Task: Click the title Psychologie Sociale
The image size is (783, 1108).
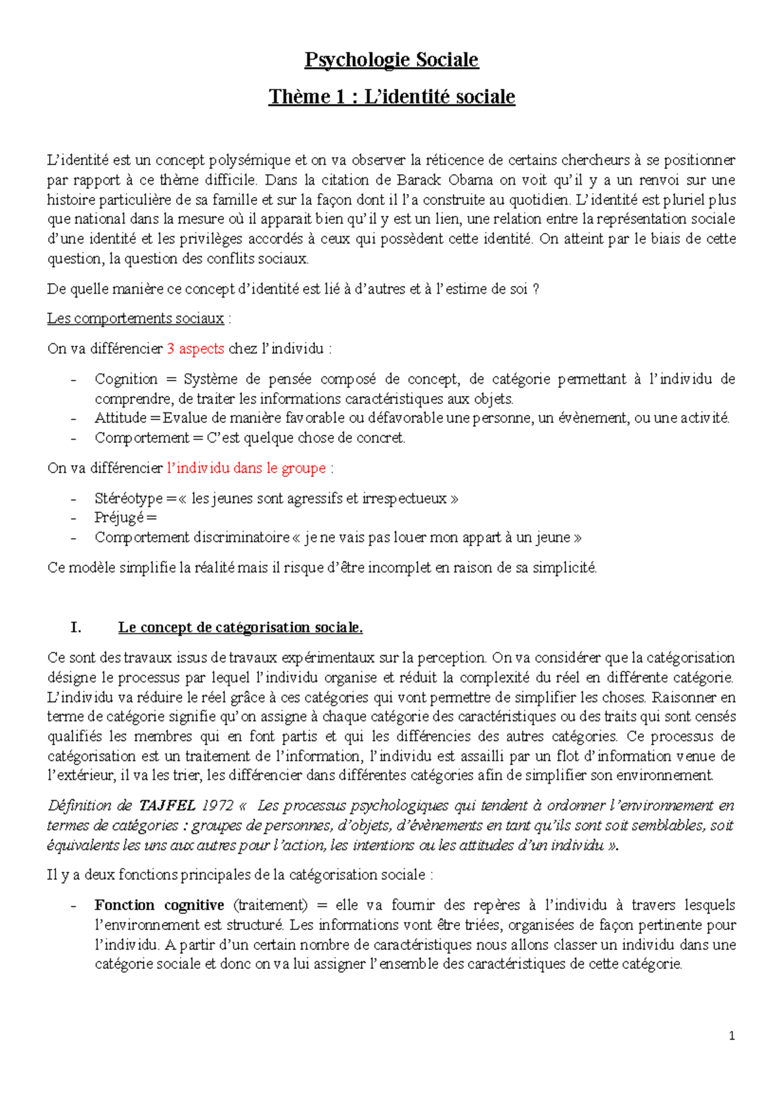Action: (x=391, y=60)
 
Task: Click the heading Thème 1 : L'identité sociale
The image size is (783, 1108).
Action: (x=391, y=97)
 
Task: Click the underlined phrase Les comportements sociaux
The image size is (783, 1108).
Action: (x=136, y=318)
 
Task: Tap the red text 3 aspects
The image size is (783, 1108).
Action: (x=196, y=348)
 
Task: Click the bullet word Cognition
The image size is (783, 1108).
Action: (x=126, y=379)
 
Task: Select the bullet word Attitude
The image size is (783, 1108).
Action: (x=120, y=418)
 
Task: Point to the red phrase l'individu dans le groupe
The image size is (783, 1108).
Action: (x=247, y=468)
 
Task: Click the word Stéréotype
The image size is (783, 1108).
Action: (x=129, y=499)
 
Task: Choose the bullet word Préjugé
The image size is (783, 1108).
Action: (x=119, y=518)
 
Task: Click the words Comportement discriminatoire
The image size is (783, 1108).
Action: (x=192, y=538)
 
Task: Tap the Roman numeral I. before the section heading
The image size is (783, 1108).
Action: (x=76, y=628)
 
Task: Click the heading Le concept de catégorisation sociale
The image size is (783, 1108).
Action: (x=240, y=628)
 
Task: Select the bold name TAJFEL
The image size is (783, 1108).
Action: (x=168, y=806)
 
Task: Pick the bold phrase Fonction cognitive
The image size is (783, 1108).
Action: (x=159, y=905)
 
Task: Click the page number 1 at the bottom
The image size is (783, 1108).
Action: (x=732, y=1036)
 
